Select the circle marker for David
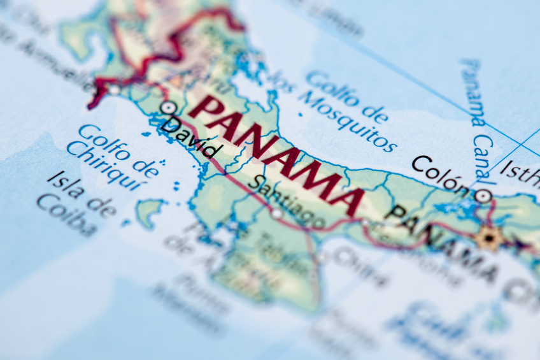pos(168,108)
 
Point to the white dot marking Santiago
pos(277,214)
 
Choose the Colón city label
pos(439,174)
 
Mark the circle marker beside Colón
pos(483,196)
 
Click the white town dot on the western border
pos(114,90)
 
